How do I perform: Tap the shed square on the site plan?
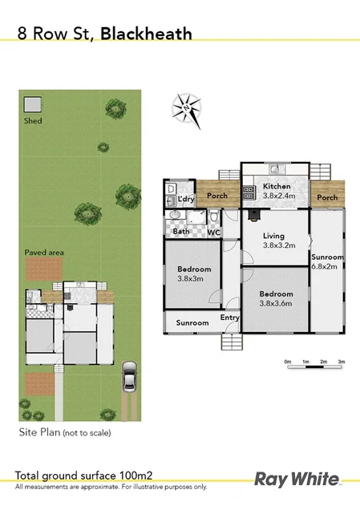point(32,105)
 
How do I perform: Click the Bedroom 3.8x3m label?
point(195,273)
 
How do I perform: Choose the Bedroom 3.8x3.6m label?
point(276,298)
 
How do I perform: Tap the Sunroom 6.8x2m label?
point(327,262)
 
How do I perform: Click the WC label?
point(214,233)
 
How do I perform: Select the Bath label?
point(181,233)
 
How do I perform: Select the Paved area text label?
point(44,253)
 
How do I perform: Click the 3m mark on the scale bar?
point(341,362)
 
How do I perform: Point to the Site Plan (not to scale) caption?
point(65,433)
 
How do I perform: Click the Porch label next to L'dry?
point(216,196)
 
